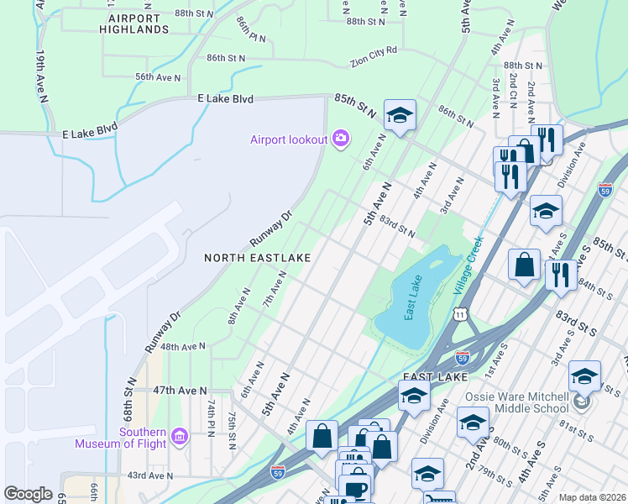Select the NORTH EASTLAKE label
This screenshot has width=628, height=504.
point(258,258)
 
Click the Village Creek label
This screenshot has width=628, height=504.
point(468,265)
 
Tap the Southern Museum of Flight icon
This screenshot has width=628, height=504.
point(179,436)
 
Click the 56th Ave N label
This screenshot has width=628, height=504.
point(158,77)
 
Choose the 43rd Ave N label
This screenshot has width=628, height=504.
point(149,475)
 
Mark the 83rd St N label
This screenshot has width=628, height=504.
point(397,226)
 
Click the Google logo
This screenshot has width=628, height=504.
point(28,494)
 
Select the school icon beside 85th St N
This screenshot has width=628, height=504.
point(400,115)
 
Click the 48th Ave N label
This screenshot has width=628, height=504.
point(183,346)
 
